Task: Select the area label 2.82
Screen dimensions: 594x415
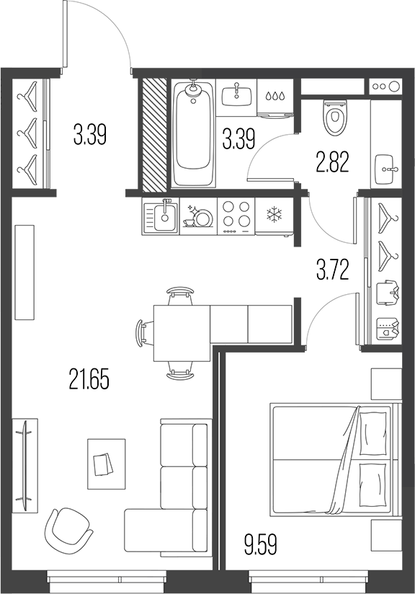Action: click(x=333, y=161)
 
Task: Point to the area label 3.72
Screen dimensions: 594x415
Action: click(x=332, y=270)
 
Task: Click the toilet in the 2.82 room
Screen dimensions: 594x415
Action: click(x=334, y=118)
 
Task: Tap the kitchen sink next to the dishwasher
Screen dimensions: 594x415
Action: click(x=161, y=216)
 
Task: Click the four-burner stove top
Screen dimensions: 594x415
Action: click(x=236, y=215)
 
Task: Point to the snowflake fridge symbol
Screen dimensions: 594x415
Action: click(x=274, y=214)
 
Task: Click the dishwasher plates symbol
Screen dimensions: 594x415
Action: click(x=198, y=216)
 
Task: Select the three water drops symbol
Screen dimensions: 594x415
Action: click(x=274, y=94)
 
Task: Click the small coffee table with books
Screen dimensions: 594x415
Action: click(x=105, y=457)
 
